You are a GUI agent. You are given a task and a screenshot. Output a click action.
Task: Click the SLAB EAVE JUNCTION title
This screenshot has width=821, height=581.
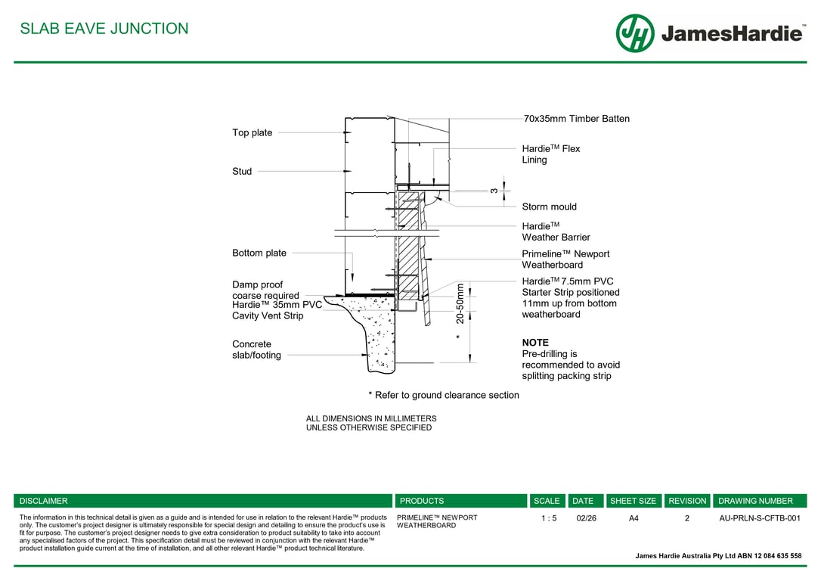tap(104, 29)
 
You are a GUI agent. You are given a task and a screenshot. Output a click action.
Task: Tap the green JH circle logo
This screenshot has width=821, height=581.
tap(635, 33)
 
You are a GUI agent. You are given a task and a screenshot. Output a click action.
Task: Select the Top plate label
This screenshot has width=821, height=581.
tap(252, 133)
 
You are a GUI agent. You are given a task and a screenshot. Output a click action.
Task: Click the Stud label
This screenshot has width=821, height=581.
tap(242, 172)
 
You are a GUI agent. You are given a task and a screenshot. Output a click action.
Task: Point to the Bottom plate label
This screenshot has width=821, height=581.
tap(259, 253)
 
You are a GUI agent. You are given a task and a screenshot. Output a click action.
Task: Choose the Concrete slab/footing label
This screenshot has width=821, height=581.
tap(256, 350)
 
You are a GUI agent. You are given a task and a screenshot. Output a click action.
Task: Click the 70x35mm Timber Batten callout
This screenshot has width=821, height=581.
tap(576, 119)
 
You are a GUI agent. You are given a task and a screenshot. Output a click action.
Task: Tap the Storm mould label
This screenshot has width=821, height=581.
tap(549, 207)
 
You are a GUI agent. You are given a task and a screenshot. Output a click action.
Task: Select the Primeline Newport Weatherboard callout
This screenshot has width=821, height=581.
tap(565, 259)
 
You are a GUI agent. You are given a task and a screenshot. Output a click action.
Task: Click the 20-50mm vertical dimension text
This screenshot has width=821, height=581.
tap(460, 303)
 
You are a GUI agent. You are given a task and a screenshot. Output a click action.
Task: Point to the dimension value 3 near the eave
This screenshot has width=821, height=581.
tap(494, 191)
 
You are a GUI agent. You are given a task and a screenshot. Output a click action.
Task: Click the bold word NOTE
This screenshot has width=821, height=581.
tap(535, 343)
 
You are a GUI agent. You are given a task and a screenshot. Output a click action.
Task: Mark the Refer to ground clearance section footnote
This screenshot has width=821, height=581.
tap(444, 395)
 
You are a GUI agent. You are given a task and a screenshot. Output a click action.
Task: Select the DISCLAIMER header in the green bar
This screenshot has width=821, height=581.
tap(44, 501)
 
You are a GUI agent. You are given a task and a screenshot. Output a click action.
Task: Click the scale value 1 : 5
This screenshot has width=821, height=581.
tap(549, 518)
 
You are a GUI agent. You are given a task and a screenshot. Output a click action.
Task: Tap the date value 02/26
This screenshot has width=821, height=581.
tap(586, 518)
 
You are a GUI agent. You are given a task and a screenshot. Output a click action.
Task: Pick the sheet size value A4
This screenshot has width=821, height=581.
tap(634, 518)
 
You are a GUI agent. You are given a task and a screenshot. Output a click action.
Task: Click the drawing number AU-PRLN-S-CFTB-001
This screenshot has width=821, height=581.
tap(759, 518)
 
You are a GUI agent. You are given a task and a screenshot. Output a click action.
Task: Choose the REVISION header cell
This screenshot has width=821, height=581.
tap(687, 501)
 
